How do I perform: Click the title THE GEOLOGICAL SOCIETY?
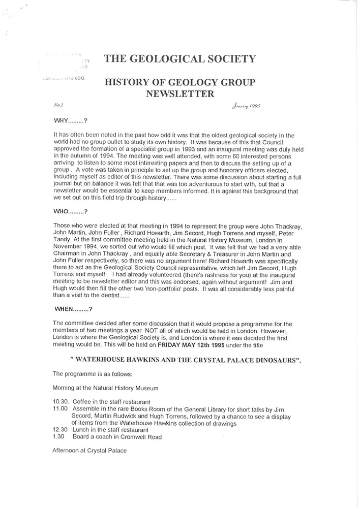pos(179,59)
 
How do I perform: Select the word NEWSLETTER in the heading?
pos(179,93)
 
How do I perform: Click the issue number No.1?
pos(58,105)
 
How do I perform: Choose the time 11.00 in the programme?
pos(61,408)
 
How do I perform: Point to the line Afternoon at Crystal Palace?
pos(89,451)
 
